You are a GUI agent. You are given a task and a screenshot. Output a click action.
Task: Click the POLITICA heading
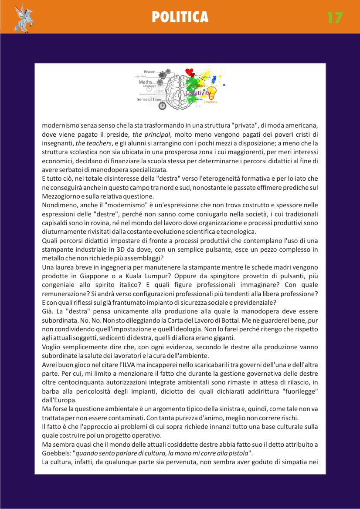click(x=180, y=17)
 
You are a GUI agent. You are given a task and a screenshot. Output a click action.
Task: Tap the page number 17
click(x=335, y=18)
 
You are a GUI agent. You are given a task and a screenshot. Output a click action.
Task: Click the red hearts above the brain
click(x=189, y=72)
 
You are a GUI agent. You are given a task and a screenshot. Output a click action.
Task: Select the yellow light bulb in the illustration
click(x=211, y=92)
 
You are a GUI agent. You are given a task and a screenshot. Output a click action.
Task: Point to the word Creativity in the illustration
click(x=198, y=93)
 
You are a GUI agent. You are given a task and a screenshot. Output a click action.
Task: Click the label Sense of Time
click(x=149, y=99)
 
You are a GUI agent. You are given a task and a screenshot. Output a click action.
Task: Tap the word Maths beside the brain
click(x=145, y=81)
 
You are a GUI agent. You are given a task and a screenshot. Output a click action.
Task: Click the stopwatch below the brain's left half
click(x=162, y=105)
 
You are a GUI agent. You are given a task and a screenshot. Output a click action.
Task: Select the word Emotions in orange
click(x=210, y=102)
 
